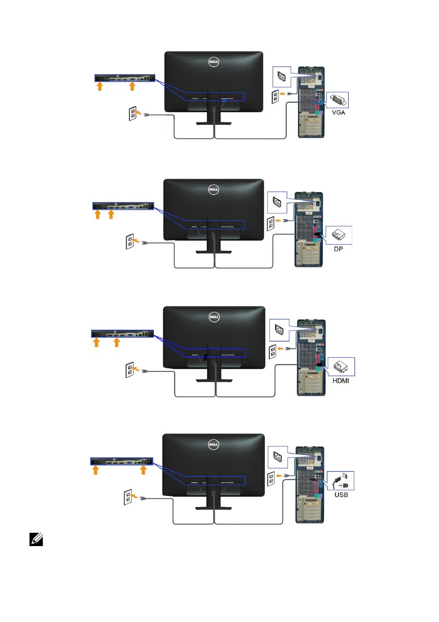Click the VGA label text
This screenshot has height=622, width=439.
click(x=339, y=112)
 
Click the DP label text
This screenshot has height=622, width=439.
click(x=339, y=249)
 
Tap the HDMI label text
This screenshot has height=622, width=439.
click(x=340, y=380)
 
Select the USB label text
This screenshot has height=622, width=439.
click(x=341, y=495)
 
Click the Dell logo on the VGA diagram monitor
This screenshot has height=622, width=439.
click(x=214, y=62)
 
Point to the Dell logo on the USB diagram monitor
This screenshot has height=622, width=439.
click(x=213, y=444)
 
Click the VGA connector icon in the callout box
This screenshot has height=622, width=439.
click(x=339, y=100)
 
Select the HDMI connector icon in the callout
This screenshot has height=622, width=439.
click(x=340, y=367)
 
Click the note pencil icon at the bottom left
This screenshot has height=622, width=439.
click(x=36, y=539)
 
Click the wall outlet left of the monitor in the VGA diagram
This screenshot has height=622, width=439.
click(x=132, y=114)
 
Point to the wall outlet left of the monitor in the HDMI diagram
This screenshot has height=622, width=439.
click(x=129, y=369)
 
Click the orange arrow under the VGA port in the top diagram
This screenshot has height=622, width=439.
click(x=132, y=86)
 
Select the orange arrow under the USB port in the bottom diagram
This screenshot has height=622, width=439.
click(x=143, y=470)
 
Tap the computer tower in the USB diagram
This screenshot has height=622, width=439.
click(x=310, y=485)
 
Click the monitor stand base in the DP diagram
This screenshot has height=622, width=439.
click(x=214, y=252)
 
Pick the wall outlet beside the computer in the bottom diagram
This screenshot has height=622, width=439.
click(x=271, y=479)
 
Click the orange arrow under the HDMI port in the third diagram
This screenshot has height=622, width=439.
click(x=117, y=342)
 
